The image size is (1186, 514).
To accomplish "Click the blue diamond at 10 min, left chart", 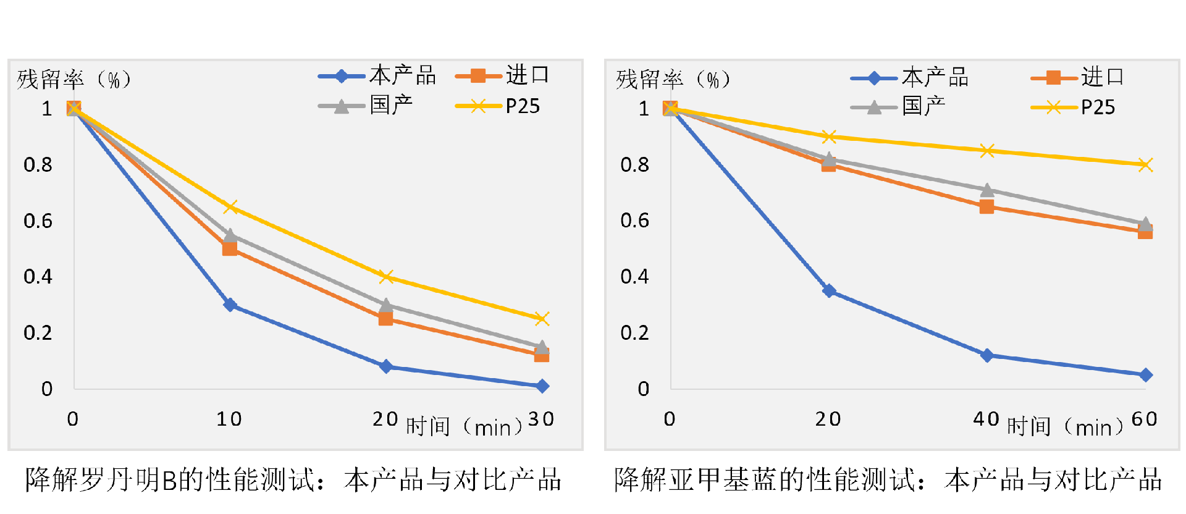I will tap(230, 305).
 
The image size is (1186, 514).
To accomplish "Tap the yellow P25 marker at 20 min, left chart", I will tap(386, 277).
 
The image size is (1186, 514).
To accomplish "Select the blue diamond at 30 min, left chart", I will tap(542, 386).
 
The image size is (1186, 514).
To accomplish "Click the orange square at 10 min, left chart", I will tap(230, 248).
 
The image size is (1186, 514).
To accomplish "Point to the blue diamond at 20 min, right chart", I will tap(829, 290).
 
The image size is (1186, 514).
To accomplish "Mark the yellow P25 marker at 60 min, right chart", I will tap(1145, 164).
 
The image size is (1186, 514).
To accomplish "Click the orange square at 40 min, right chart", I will tap(987, 206).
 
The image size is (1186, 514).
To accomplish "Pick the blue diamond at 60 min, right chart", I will tap(1145, 375).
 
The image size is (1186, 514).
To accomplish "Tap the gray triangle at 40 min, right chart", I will tap(987, 190).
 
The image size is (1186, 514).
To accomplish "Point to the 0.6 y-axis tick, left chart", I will tap(38, 221).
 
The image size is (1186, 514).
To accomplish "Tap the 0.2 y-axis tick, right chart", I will tap(634, 333).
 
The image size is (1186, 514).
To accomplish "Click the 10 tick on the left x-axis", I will tap(229, 419).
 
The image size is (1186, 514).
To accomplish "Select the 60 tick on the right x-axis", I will tap(1144, 419).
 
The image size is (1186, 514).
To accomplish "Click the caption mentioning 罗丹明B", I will tap(293, 480).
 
